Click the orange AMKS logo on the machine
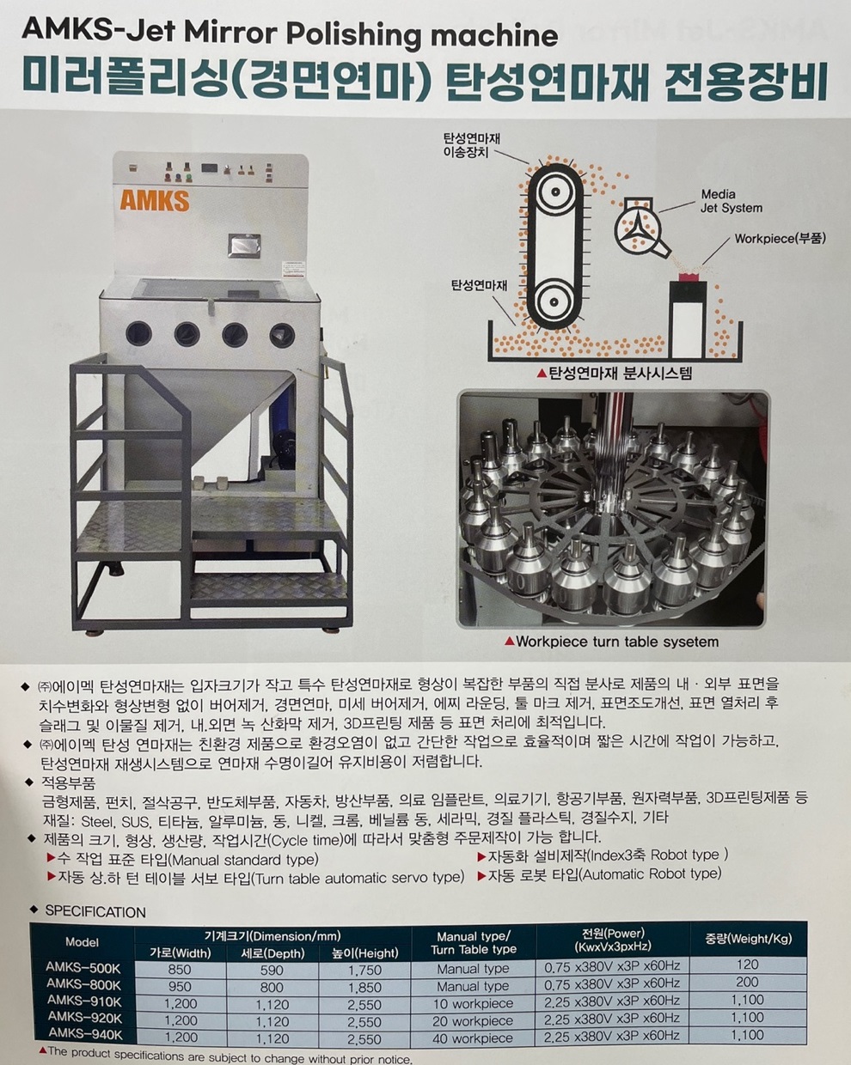tap(155, 200)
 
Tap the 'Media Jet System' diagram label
tap(731, 201)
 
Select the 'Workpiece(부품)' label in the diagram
tap(781, 239)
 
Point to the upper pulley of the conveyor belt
tap(554, 192)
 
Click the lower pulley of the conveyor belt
tap(554, 301)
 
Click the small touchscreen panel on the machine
tap(244, 246)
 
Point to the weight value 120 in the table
tap(747, 964)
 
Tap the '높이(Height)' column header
tap(365, 952)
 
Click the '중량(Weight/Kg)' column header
tap(749, 938)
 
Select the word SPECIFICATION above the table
tap(95, 911)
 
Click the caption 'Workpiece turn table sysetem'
tap(617, 642)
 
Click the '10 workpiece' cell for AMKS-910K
tap(473, 1004)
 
